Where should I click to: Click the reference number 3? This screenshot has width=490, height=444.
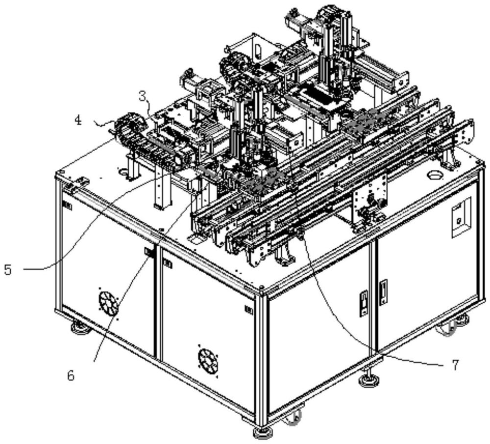point(143,96)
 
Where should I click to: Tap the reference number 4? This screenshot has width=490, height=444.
point(79,120)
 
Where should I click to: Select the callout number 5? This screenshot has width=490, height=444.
point(8,269)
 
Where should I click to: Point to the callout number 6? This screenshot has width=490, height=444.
point(71,376)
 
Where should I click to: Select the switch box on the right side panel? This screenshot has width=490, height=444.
point(461,216)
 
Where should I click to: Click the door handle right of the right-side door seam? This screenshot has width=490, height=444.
point(383,292)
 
